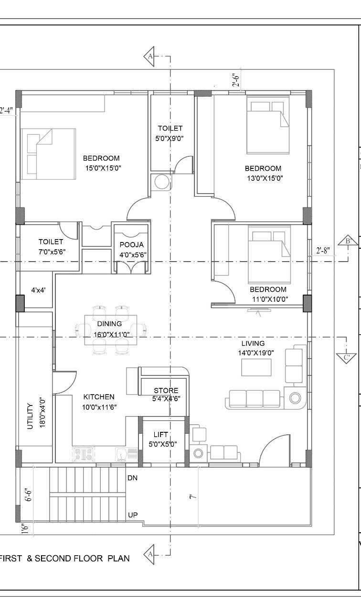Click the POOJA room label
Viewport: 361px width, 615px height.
(132, 245)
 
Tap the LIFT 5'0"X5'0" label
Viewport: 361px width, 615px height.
(162, 439)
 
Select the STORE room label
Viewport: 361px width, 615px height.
(166, 390)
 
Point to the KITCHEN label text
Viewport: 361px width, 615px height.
(99, 397)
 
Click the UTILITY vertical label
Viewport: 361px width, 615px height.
(30, 416)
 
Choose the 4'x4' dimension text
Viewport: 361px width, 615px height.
(38, 290)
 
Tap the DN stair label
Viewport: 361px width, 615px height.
(132, 478)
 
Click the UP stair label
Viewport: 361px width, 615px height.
(133, 515)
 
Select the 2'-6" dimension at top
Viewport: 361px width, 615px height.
(236, 80)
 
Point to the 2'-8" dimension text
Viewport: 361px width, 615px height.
(323, 251)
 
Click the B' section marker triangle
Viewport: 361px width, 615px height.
(348, 240)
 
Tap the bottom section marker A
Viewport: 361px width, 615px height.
(149, 554)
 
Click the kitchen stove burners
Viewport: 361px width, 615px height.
(84, 454)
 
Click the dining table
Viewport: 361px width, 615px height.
(111, 330)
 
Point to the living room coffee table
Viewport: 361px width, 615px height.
(256, 367)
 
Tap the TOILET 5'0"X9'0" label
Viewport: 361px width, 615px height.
(170, 133)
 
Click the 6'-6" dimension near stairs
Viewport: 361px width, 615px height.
(29, 494)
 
